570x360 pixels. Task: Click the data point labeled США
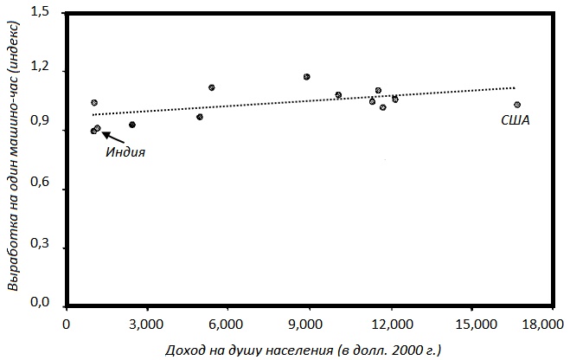(x=516, y=105)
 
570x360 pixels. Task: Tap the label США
(x=516, y=121)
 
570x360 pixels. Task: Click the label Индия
(x=125, y=152)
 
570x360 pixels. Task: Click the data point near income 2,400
(x=132, y=125)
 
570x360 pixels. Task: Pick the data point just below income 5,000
(x=200, y=117)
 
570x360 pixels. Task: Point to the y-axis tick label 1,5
(x=40, y=11)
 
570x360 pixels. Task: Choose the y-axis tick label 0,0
(x=40, y=304)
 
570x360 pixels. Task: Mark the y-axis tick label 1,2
(x=40, y=69)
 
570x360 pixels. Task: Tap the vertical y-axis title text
(x=14, y=156)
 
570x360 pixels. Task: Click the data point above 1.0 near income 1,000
(x=94, y=103)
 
